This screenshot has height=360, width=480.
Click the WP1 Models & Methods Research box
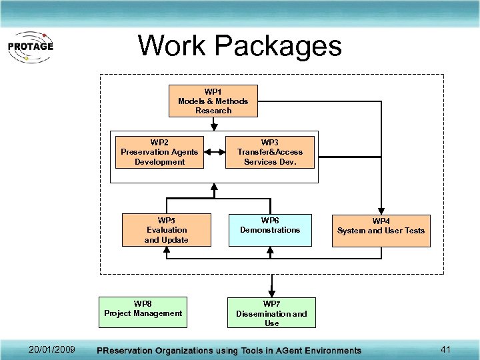pos(213,101)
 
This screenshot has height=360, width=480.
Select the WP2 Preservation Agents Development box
pos(159,152)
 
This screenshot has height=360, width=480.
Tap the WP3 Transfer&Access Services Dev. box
pos(270,152)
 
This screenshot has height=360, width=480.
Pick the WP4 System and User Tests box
pos(381,231)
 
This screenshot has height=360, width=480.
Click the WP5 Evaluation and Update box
pos(167,230)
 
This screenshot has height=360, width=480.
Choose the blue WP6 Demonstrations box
pos(271,230)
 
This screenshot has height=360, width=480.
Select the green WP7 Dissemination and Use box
pos(271,313)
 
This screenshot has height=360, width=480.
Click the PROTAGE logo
pos(30,47)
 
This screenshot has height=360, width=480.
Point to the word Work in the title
pos(173,46)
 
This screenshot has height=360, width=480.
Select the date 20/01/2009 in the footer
pos(52,350)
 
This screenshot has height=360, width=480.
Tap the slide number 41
pos(447,349)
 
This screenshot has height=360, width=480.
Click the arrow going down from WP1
pos(213,125)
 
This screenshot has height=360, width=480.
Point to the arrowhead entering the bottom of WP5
pos(167,251)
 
